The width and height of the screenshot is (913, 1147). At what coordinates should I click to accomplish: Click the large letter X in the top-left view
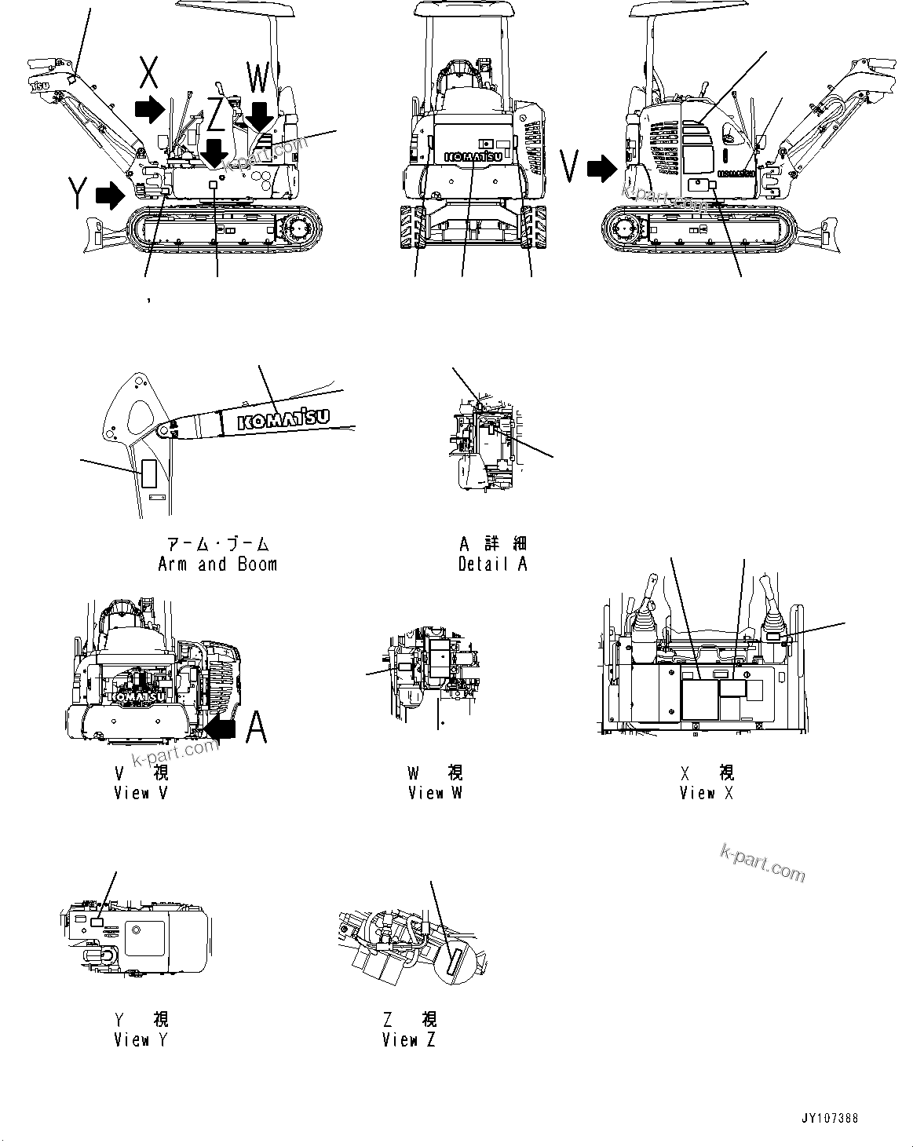(x=149, y=75)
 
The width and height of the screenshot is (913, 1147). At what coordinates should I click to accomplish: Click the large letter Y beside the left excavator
(x=77, y=193)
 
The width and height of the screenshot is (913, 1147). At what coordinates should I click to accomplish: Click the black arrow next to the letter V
(x=604, y=167)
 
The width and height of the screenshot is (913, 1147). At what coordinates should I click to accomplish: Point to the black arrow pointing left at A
(x=220, y=729)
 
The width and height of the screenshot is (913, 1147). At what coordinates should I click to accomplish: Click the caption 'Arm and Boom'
(x=217, y=564)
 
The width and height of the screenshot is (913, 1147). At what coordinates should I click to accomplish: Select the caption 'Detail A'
(x=493, y=564)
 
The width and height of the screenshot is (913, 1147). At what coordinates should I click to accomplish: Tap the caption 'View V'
(x=141, y=792)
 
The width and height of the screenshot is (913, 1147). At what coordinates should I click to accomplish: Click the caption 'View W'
(x=435, y=792)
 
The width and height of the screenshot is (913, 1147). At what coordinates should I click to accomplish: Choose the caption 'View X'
(x=707, y=792)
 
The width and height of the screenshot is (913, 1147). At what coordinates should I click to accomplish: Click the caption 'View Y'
(x=141, y=1039)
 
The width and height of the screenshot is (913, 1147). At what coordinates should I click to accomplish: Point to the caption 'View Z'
(x=409, y=1039)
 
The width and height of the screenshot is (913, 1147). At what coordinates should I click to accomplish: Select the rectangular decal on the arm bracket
(x=149, y=473)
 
